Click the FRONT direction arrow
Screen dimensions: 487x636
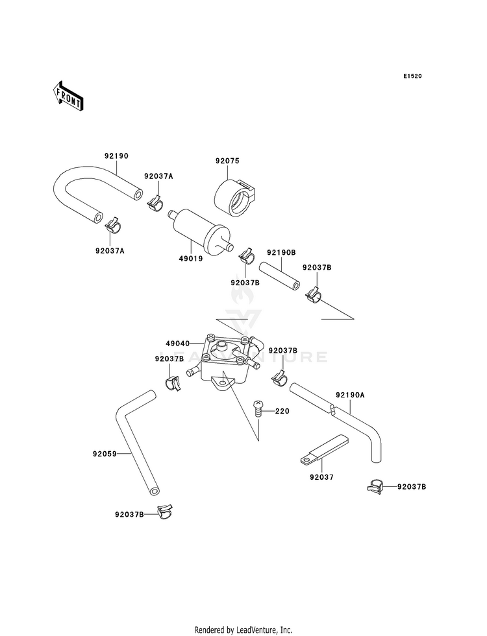(68, 96)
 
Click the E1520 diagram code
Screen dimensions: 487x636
(412, 76)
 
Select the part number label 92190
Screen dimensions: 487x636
(117, 156)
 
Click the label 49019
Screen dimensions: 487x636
(190, 259)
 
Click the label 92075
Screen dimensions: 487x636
(227, 161)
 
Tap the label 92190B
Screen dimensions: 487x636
(281, 252)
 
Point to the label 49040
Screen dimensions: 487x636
(177, 344)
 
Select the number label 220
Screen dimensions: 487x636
(282, 411)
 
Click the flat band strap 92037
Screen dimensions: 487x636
(324, 449)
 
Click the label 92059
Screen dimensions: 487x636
(105, 454)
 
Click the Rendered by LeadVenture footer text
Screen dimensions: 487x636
(243, 630)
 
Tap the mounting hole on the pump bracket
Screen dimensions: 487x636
(222, 383)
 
